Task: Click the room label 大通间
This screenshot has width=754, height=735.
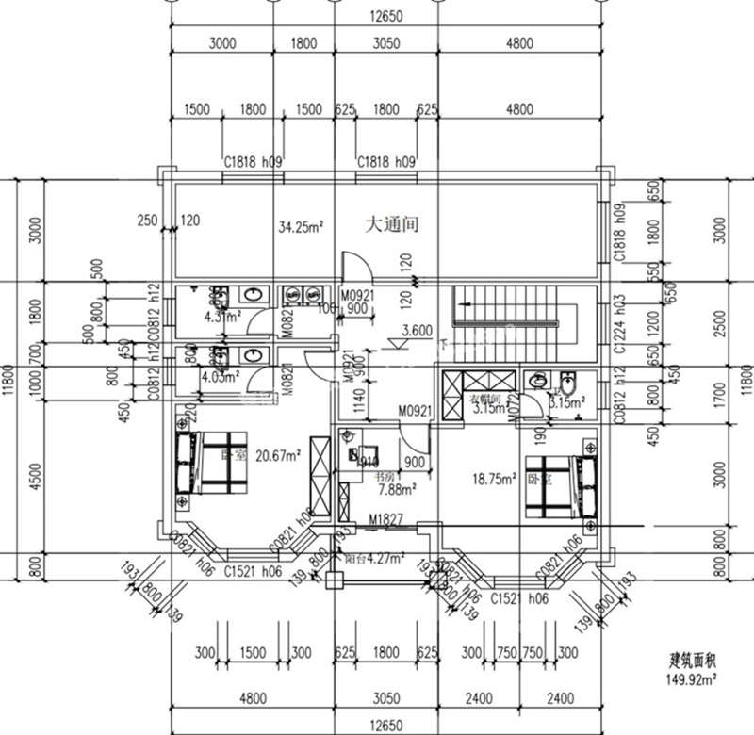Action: [x=391, y=226]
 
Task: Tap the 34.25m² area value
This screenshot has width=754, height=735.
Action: [x=301, y=226]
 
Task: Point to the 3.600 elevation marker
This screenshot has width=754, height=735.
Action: [x=417, y=331]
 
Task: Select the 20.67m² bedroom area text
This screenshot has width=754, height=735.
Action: [x=275, y=455]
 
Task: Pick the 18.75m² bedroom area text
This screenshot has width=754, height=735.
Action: [x=494, y=479]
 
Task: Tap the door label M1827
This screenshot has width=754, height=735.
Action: [x=385, y=520]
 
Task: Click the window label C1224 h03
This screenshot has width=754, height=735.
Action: [x=619, y=323]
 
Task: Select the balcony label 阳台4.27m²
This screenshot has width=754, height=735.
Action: [x=374, y=556]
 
